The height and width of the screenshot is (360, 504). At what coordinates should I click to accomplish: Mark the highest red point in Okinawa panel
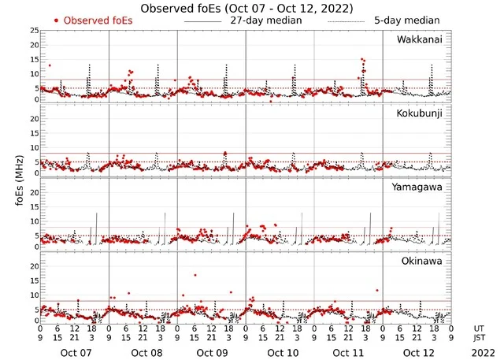point(195,275)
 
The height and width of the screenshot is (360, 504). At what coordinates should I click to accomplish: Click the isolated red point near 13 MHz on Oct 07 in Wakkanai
point(50,65)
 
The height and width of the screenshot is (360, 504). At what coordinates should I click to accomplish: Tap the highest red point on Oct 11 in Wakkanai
point(362,60)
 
